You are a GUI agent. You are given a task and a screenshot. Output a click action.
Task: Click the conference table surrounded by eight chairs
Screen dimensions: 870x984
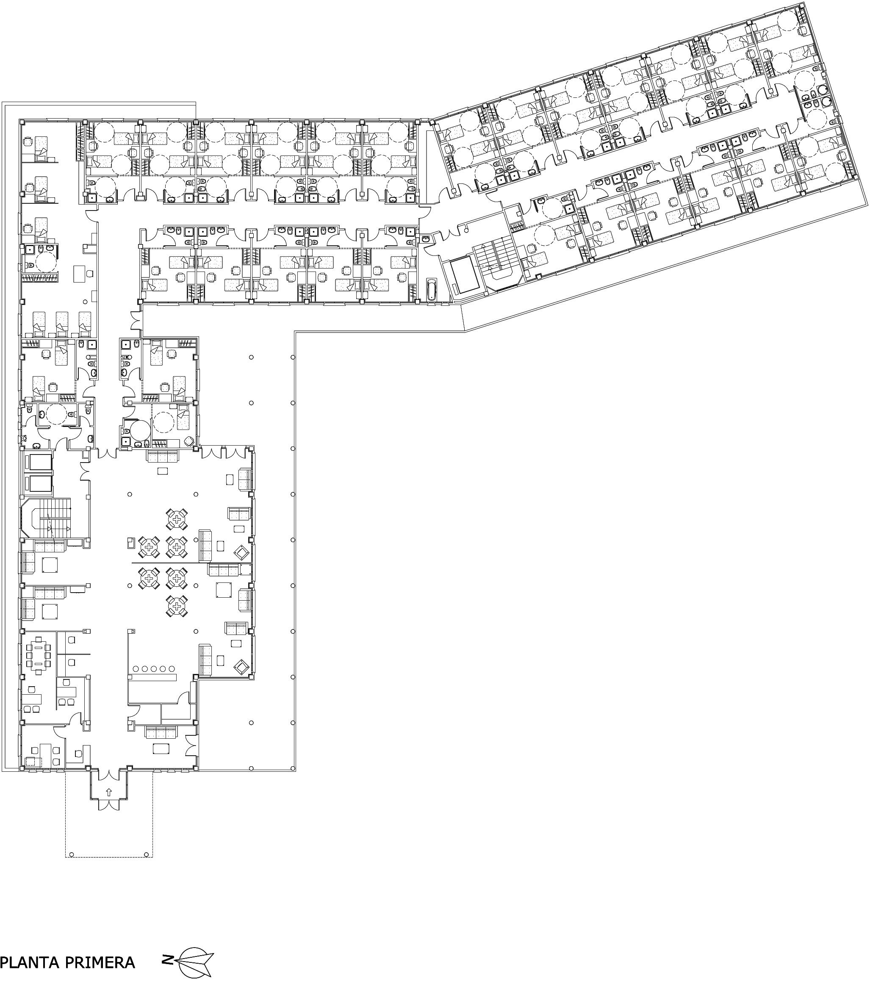pyautogui.click(x=38, y=654)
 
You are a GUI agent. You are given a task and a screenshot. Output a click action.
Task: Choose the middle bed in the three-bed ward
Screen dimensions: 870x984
pyautogui.click(x=61, y=324)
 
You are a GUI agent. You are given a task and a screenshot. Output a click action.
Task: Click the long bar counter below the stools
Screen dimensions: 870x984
pyautogui.click(x=152, y=677)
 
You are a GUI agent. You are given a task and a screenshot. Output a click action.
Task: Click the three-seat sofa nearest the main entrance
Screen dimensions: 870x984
pyautogui.click(x=161, y=733)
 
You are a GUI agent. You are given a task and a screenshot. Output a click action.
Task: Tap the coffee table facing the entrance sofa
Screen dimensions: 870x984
pyautogui.click(x=161, y=748)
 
